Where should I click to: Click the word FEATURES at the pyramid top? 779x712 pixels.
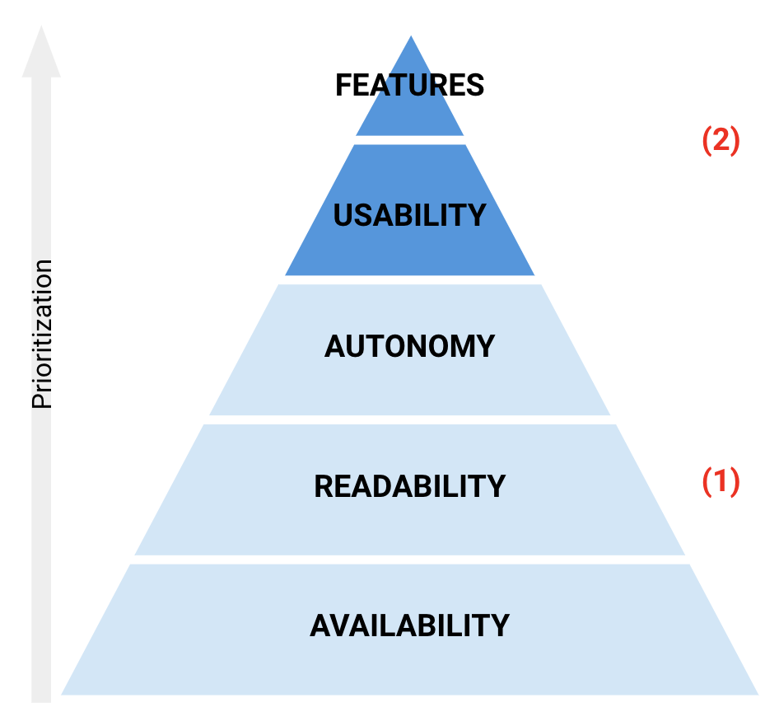(409, 86)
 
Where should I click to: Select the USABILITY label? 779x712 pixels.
(409, 215)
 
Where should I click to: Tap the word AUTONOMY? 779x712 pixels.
(409, 346)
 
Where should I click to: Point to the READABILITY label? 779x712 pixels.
(409, 486)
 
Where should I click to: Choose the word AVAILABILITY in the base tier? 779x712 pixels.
(409, 625)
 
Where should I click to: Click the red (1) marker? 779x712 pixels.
(721, 481)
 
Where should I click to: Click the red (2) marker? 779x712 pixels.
(721, 141)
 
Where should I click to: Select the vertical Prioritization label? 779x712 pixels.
(42, 334)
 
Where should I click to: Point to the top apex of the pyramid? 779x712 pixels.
(410, 38)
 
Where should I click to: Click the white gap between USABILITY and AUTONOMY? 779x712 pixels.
(409, 280)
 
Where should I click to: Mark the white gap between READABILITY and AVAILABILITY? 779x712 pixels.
(409, 560)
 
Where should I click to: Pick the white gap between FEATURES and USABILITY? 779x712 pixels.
(409, 140)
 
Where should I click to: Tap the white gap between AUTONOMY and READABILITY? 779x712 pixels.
(409, 419)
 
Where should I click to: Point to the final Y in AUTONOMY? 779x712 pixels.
(485, 346)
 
